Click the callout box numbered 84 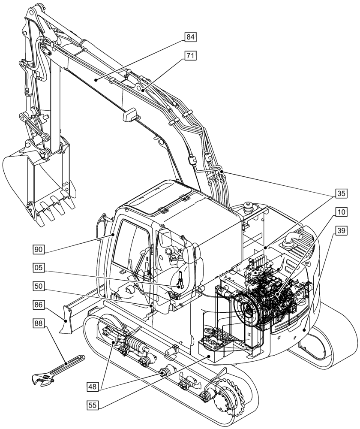(190, 37)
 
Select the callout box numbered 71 (190, 56)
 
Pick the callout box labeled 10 (341, 212)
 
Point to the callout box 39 (341, 231)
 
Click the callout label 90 (39, 249)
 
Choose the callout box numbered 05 (39, 268)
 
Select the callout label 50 (39, 286)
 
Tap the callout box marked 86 (39, 305)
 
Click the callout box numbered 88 (39, 323)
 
